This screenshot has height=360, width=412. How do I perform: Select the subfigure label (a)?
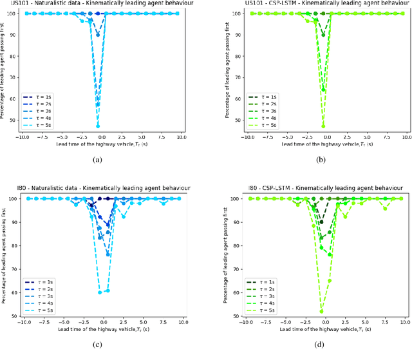point(97,159)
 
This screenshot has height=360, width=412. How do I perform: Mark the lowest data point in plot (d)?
point(321,312)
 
